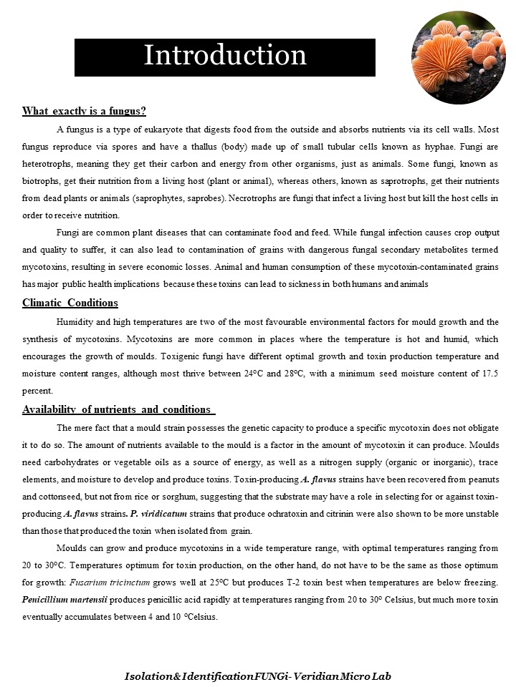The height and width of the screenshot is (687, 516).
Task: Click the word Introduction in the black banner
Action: (225, 56)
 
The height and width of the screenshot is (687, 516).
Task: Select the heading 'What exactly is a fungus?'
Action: (84, 111)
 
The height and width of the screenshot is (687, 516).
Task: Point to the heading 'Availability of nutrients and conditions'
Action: (118, 409)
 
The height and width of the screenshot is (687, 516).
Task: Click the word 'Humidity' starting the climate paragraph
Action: (74, 322)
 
